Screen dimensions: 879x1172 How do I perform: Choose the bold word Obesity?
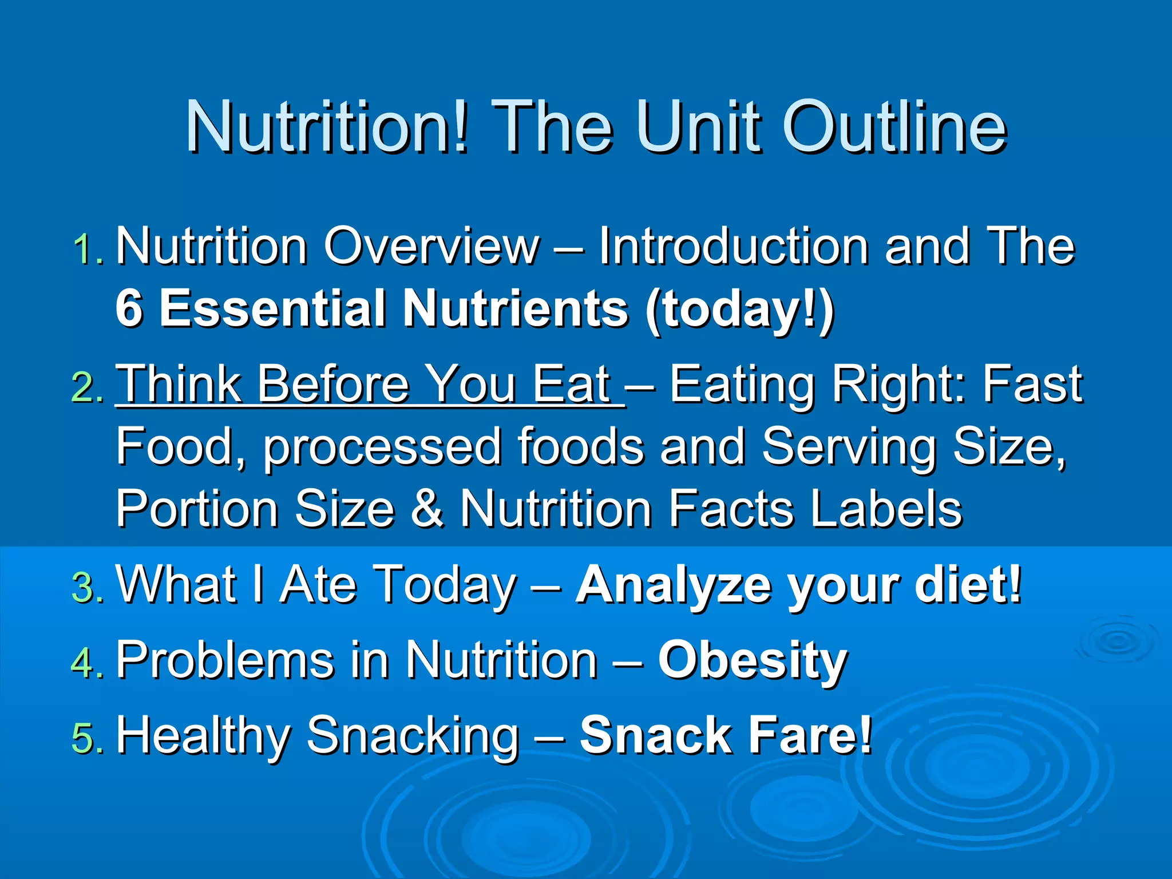click(752, 661)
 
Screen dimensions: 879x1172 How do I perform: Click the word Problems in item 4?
click(224, 660)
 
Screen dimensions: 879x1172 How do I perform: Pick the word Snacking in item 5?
click(412, 737)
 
